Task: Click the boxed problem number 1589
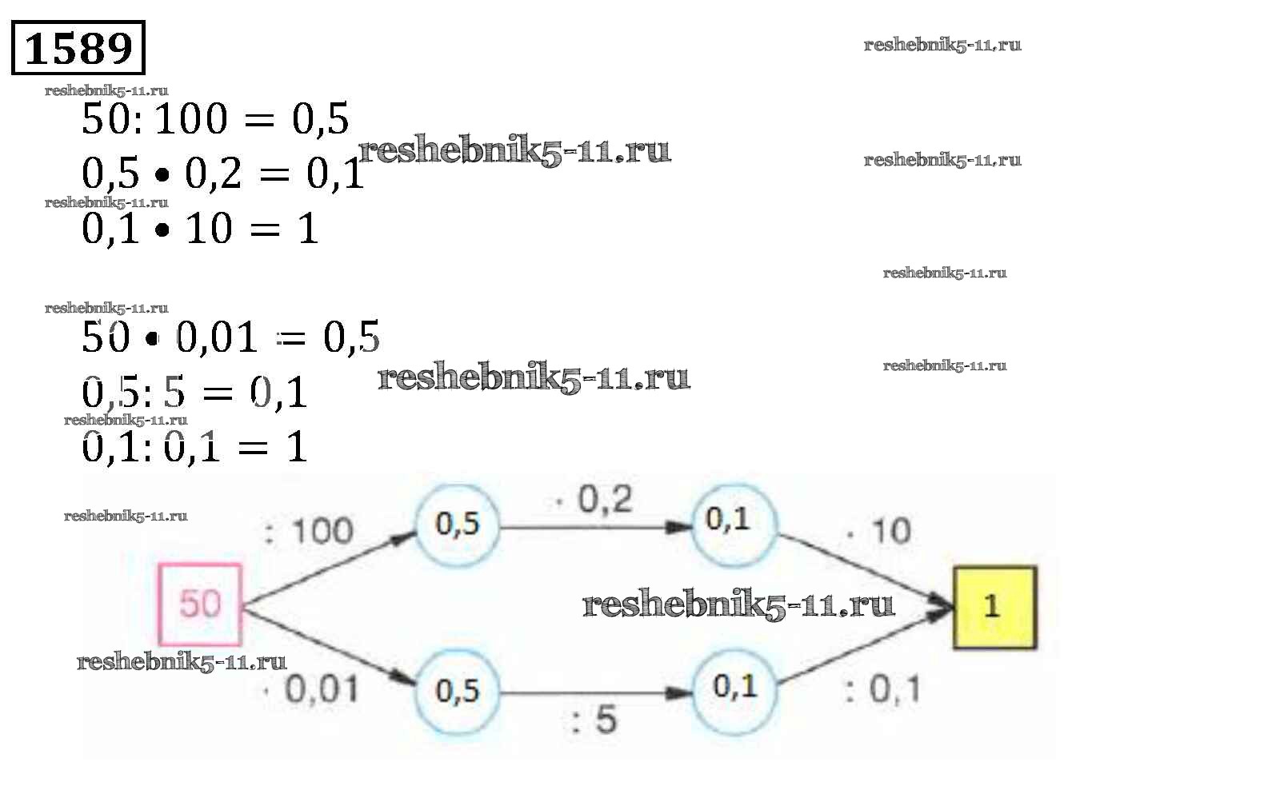click(78, 49)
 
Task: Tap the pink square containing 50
click(200, 604)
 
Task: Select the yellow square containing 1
click(994, 606)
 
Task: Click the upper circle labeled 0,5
click(457, 525)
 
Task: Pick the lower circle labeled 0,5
click(457, 691)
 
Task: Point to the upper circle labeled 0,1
click(732, 521)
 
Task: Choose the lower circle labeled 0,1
click(734, 687)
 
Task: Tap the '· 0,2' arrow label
click(594, 501)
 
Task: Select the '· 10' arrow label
click(879, 531)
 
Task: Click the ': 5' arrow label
click(594, 720)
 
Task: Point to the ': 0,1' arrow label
click(882, 689)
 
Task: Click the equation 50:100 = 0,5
click(215, 120)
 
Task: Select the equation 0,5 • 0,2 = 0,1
click(223, 174)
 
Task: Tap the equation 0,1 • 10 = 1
click(200, 229)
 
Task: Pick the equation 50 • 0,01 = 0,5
click(230, 337)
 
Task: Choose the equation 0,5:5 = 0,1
click(194, 393)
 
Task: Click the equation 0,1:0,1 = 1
click(194, 447)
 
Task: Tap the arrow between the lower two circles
click(595, 692)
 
